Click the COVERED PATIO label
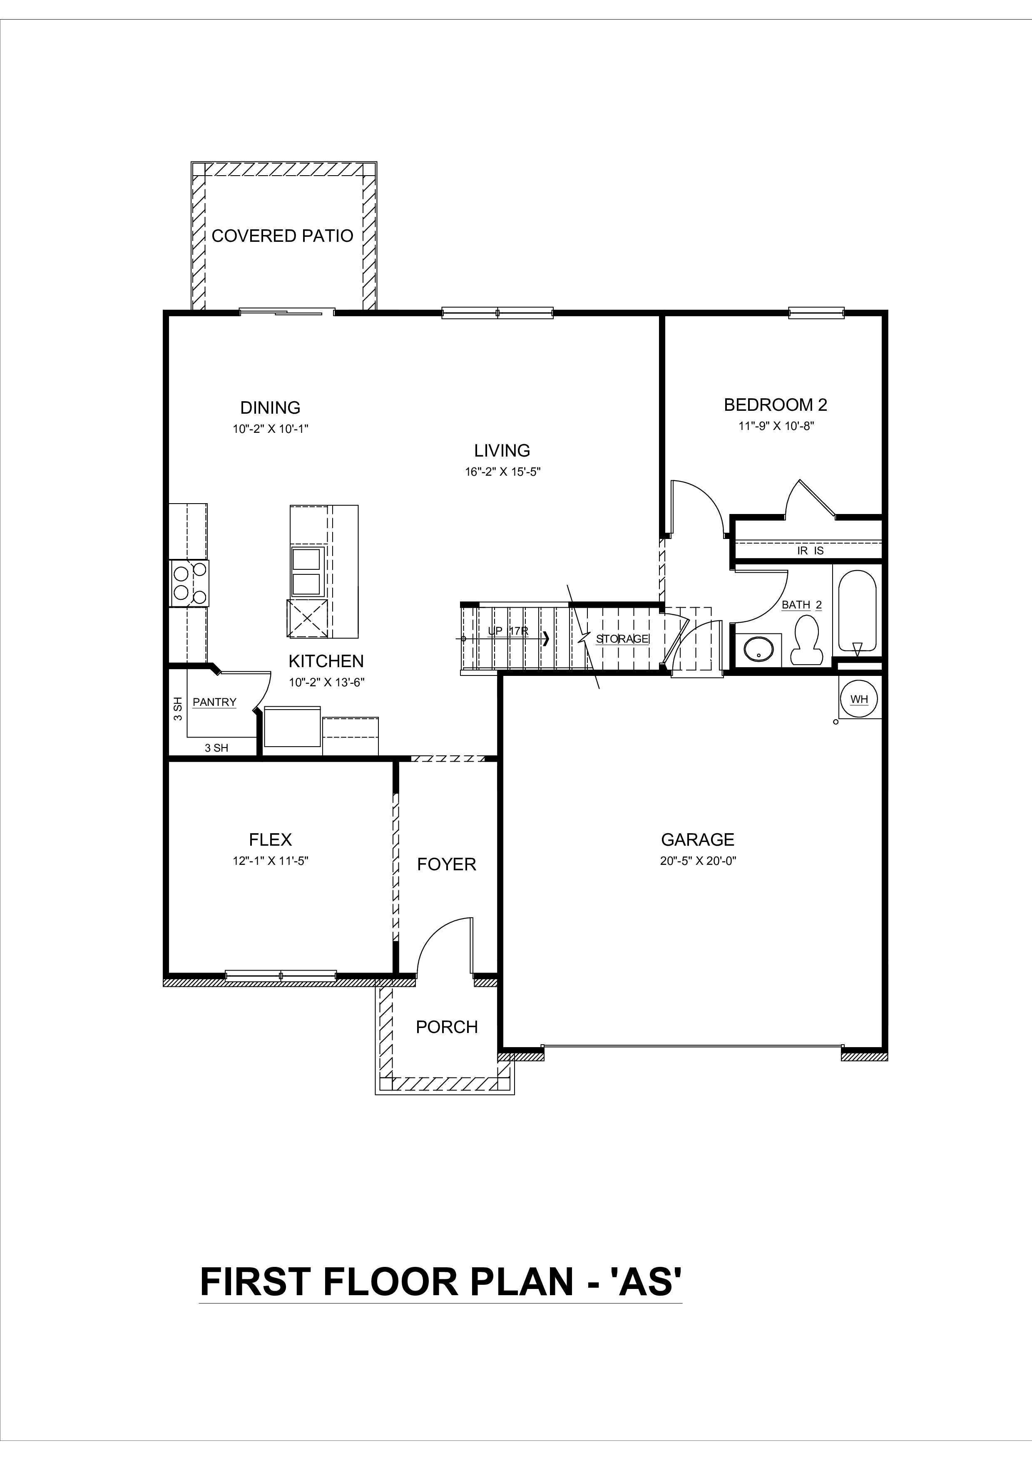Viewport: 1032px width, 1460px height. click(282, 236)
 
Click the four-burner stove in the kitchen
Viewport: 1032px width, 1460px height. click(189, 583)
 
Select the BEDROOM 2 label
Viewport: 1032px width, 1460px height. click(775, 405)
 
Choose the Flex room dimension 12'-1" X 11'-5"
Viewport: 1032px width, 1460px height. click(270, 862)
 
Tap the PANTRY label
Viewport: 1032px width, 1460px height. click(214, 702)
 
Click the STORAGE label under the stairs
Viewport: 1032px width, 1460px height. click(622, 639)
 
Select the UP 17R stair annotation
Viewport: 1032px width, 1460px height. click(507, 631)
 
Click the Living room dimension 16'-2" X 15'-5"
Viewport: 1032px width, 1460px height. click(502, 472)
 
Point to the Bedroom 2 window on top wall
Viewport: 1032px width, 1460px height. click(816, 312)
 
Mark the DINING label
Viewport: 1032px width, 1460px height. click(270, 407)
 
